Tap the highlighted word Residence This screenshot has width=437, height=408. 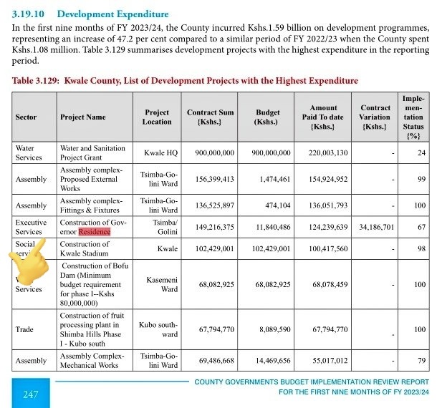[x=95, y=232]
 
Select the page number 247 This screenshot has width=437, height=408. [x=31, y=394]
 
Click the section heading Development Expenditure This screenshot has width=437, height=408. [x=112, y=14]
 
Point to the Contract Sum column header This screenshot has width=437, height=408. [x=211, y=117]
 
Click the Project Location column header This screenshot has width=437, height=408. [x=157, y=117]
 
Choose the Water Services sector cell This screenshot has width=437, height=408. [x=29, y=152]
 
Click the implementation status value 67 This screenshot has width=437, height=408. [x=421, y=227]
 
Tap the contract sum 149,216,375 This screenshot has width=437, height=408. [x=211, y=227]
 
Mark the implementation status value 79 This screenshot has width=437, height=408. [x=421, y=360]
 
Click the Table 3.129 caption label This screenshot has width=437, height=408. [x=36, y=81]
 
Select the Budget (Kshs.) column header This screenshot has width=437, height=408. [x=268, y=117]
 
